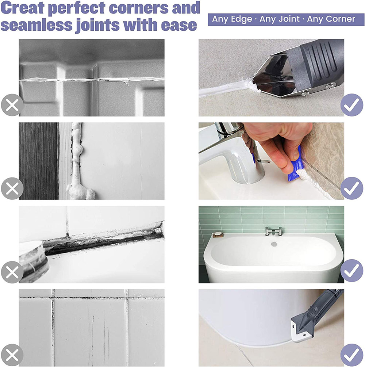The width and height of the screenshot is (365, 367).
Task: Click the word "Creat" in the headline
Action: [x=23, y=8]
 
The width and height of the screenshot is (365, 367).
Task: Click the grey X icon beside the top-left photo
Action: [x=12, y=105]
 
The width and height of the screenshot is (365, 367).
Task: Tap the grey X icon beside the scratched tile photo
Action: [x=12, y=355]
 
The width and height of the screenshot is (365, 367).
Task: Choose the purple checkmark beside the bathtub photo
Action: [x=351, y=271]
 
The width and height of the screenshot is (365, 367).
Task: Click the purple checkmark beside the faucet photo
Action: [x=351, y=188]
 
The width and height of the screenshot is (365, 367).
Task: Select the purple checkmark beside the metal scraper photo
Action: [x=351, y=105]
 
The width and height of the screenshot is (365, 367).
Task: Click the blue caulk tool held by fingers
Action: [x=294, y=168]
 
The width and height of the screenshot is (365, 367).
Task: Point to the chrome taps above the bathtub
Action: [x=273, y=231]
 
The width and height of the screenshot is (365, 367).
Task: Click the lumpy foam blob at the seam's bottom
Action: [x=81, y=192]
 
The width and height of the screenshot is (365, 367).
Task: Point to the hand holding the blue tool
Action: [x=278, y=143]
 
